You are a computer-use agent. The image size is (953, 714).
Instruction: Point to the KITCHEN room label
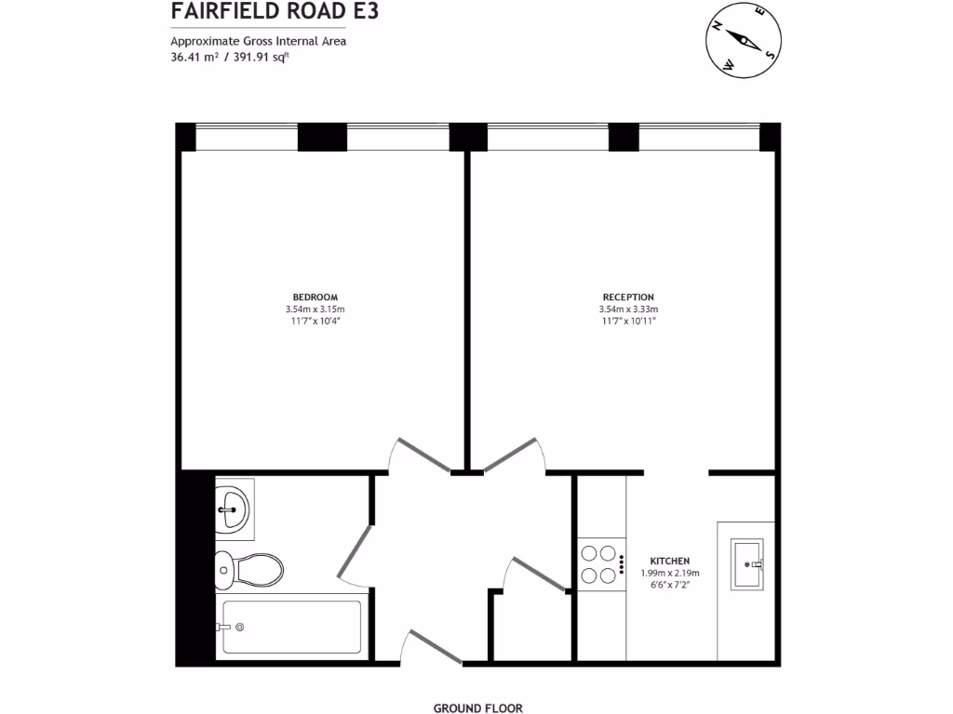[669, 561]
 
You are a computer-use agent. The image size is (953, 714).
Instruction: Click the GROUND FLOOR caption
[478, 707]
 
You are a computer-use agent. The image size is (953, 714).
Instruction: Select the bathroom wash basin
[233, 509]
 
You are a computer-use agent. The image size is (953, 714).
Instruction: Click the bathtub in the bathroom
[290, 628]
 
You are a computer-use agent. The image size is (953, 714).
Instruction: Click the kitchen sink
[747, 563]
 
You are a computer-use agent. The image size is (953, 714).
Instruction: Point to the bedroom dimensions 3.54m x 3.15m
[315, 310]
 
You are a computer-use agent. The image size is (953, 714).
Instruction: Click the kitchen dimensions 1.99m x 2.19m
[669, 574]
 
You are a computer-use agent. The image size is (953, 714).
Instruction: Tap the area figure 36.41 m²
[195, 57]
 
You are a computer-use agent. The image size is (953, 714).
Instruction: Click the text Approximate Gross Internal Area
[258, 41]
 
